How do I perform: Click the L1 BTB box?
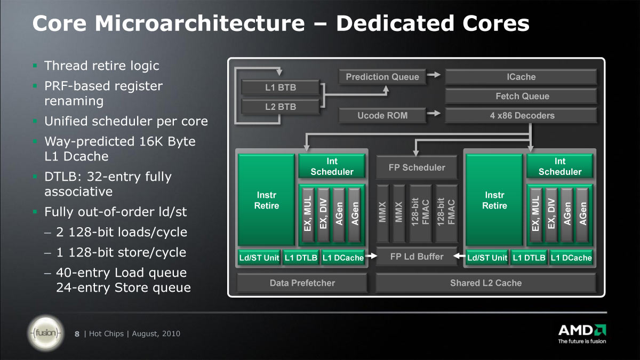[281, 87]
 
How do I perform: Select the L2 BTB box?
[281, 107]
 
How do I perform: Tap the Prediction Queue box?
[382, 77]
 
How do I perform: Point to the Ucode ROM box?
[382, 115]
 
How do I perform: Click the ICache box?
[521, 77]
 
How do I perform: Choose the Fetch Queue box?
[521, 96]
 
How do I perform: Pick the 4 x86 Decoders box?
[521, 115]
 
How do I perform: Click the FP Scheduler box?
[417, 167]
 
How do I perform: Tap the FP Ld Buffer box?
[417, 257]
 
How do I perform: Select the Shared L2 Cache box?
[486, 283]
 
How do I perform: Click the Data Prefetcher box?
[302, 283]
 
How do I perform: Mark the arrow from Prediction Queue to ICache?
[434, 75]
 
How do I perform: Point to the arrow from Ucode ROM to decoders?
[434, 114]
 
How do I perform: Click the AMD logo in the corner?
[582, 334]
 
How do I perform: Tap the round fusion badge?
[46, 333]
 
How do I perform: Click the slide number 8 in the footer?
[77, 334]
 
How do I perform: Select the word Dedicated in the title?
[395, 23]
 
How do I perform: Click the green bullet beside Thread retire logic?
[35, 66]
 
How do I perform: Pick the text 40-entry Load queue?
[122, 273]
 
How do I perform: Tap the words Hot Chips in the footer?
[106, 334]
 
